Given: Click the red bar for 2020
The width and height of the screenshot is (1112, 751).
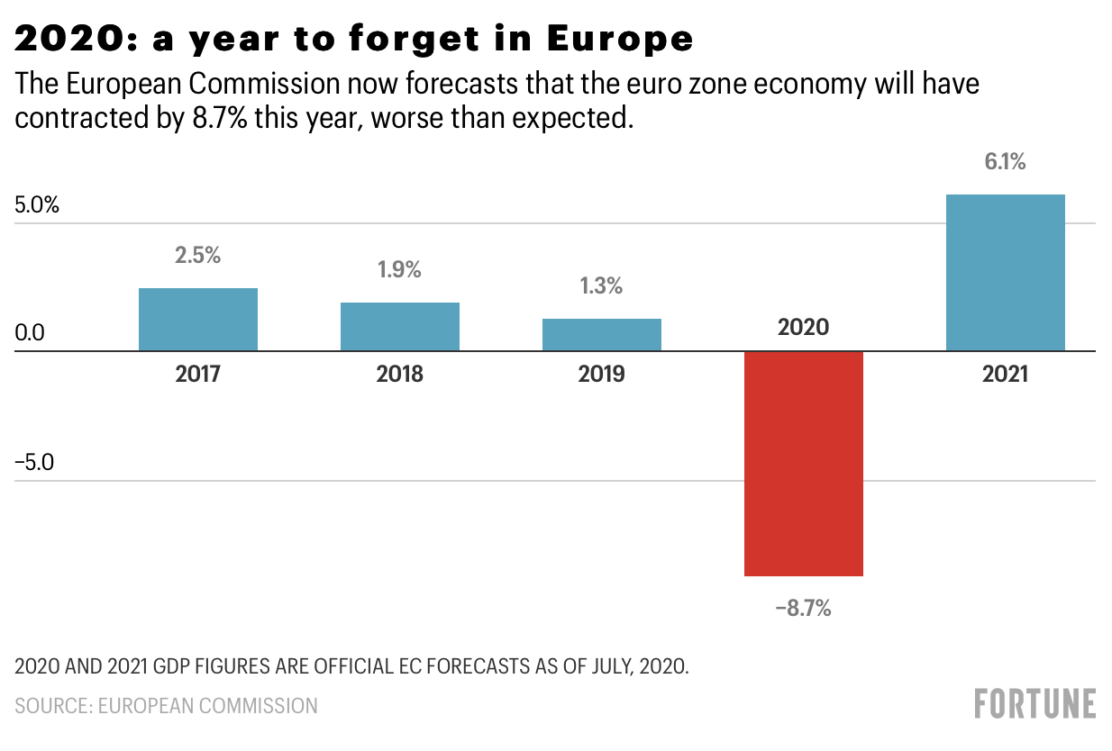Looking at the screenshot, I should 803,463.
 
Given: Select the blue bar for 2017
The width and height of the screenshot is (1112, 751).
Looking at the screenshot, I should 198,319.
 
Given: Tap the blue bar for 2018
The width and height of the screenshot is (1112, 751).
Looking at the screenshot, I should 400,326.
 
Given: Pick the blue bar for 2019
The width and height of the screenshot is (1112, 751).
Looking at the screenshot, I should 602,334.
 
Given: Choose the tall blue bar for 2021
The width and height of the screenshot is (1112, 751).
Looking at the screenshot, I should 1005,272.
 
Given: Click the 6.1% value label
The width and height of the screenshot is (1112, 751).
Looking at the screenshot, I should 1005,163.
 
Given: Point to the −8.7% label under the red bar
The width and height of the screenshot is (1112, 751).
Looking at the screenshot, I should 803,609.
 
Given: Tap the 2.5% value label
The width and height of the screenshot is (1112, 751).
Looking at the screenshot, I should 198,255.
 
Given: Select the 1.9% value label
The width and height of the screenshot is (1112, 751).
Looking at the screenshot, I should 400,269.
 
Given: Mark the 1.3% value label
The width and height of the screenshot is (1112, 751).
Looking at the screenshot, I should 602,286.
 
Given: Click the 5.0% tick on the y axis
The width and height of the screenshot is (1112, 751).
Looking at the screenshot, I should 37,204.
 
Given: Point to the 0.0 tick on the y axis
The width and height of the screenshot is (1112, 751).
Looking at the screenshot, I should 30,334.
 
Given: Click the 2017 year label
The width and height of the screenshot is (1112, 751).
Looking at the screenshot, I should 198,374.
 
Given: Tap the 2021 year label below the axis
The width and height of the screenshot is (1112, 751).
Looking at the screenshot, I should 1005,374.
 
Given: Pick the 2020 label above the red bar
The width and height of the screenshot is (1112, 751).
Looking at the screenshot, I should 803,327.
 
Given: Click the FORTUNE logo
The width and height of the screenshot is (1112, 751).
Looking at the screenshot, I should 1035,703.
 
